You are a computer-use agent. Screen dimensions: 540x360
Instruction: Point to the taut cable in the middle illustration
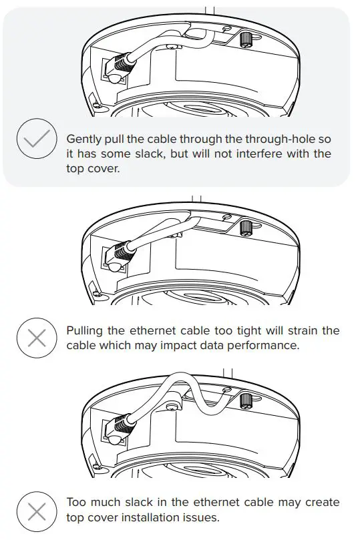point(160,234)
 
